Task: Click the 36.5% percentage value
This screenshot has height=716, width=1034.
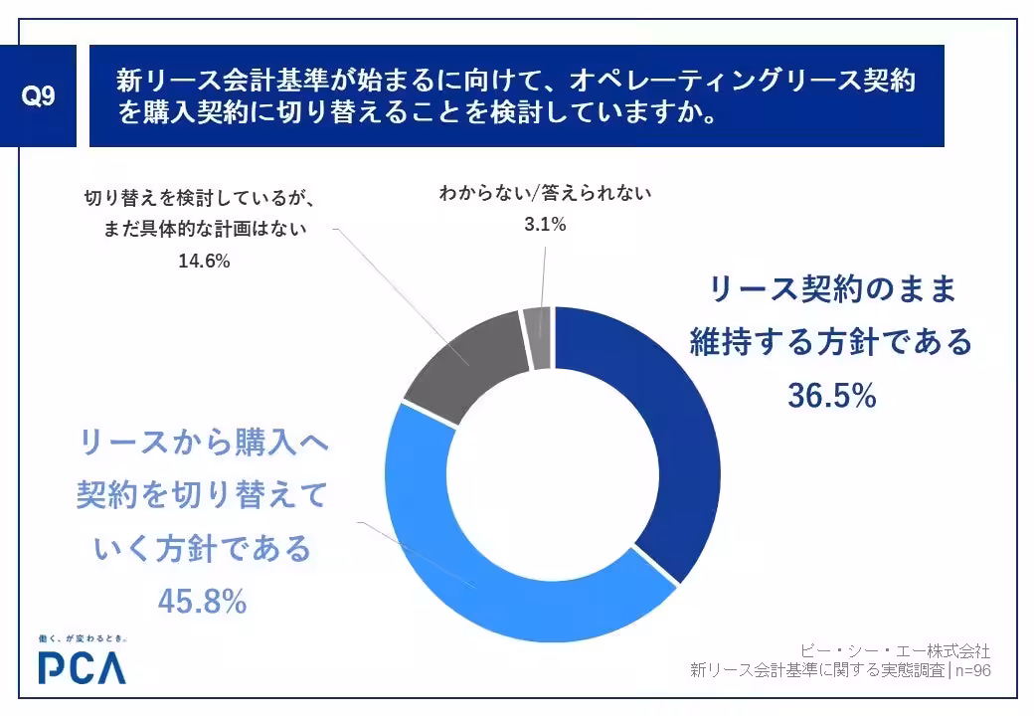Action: pyautogui.click(x=831, y=396)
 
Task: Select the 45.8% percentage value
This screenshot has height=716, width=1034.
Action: pyautogui.click(x=202, y=601)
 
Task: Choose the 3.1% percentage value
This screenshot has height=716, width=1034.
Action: pyautogui.click(x=545, y=225)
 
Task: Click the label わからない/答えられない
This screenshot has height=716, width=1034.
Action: pyautogui.click(x=545, y=194)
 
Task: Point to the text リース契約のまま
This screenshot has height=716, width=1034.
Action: pyautogui.click(x=831, y=290)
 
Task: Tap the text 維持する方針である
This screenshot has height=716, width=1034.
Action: pyautogui.click(x=831, y=343)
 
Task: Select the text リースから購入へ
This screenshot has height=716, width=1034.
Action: pyautogui.click(x=202, y=442)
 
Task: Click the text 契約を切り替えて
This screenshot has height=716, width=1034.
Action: pyautogui.click(x=202, y=494)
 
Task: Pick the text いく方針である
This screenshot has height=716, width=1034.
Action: pyautogui.click(x=202, y=548)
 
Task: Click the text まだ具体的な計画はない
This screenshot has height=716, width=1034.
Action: pyautogui.click(x=204, y=229)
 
